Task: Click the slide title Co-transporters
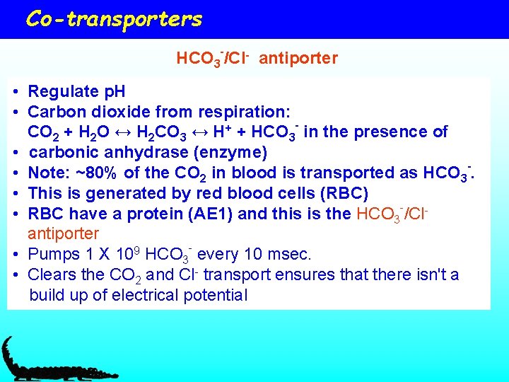pos(114,19)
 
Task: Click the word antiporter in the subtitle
pos(298,58)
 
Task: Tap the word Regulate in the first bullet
pos(57,91)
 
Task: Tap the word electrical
pos(144,295)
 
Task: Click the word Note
pos(46,173)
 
